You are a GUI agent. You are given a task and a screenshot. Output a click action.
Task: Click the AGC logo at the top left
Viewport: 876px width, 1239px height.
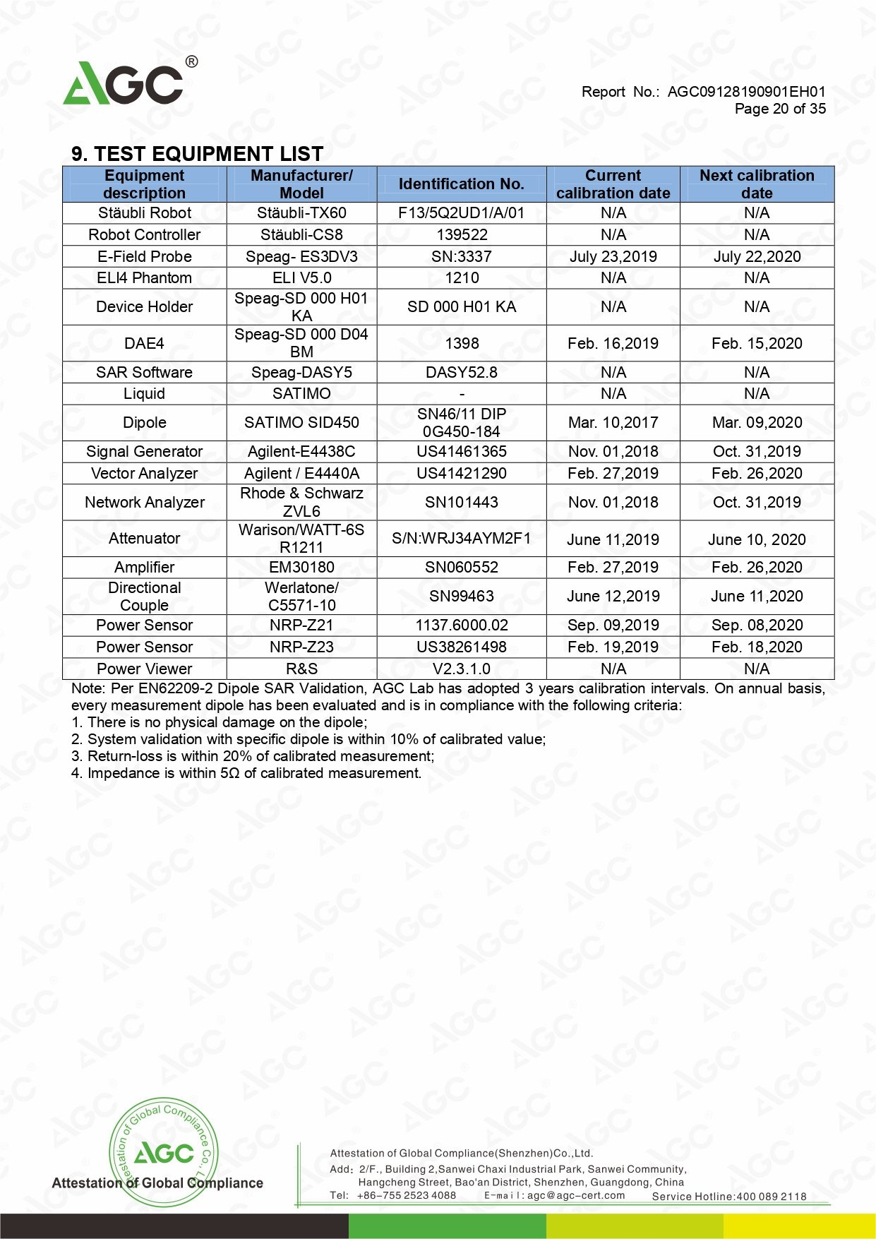click(x=127, y=83)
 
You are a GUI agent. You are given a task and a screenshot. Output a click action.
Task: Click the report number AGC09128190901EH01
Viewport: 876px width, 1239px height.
click(x=746, y=92)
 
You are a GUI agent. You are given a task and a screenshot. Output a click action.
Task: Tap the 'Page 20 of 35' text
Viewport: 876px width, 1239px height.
click(x=779, y=109)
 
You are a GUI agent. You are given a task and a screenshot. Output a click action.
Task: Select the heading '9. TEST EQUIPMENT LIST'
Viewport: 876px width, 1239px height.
click(x=197, y=154)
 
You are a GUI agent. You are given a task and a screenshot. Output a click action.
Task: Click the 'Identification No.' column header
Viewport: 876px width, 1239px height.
click(x=461, y=184)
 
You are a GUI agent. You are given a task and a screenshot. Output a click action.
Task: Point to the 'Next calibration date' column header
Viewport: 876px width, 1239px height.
click(x=757, y=184)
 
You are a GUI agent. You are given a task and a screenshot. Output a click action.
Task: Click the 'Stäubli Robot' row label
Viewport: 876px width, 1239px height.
click(x=145, y=213)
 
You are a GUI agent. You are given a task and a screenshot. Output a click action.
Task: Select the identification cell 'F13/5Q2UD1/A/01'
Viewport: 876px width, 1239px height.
click(x=461, y=213)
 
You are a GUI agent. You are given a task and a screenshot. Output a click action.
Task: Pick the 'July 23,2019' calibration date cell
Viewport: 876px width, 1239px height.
click(x=613, y=256)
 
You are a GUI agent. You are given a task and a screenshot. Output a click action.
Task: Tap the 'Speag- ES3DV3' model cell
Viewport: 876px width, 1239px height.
click(x=301, y=256)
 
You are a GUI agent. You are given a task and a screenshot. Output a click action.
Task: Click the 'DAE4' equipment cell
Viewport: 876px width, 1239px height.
click(x=145, y=343)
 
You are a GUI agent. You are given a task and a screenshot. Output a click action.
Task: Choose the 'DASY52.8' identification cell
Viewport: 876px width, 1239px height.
click(x=461, y=372)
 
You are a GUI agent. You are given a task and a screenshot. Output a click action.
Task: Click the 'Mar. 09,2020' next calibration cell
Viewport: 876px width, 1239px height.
click(x=757, y=422)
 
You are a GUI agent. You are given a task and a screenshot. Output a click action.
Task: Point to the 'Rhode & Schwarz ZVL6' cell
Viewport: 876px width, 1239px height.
click(x=301, y=502)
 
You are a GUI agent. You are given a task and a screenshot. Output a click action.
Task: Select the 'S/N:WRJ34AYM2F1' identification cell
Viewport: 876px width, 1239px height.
click(x=461, y=539)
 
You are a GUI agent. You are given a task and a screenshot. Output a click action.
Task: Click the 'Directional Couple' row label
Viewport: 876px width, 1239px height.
click(x=145, y=597)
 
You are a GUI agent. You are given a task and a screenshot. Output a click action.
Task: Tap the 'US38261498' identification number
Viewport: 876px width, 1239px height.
click(x=461, y=647)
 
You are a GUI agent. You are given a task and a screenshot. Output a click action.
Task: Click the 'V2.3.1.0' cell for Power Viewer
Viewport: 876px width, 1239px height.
click(x=461, y=669)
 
